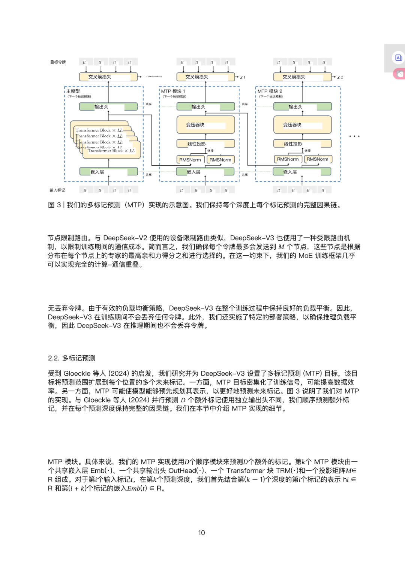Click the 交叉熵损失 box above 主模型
[x=108, y=77]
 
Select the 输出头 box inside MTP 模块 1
[x=205, y=107]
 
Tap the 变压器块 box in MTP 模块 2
[x=302, y=125]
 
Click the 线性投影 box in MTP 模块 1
[x=205, y=144]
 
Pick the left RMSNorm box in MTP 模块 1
[x=190, y=160]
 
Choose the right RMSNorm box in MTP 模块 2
[x=318, y=159]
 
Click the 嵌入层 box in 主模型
[x=109, y=172]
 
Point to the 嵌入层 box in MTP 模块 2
[x=302, y=172]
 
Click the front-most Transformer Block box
[x=111, y=151]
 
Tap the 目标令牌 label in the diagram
[x=58, y=62]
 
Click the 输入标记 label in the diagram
[x=57, y=190]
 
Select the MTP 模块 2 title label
[x=270, y=91]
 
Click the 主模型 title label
[x=73, y=91]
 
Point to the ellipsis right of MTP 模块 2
[x=354, y=136]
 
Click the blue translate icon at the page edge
[x=398, y=58]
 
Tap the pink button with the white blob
[x=400, y=74]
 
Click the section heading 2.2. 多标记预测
[x=72, y=358]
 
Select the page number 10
[x=201, y=533]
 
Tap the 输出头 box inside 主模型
[x=108, y=107]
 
